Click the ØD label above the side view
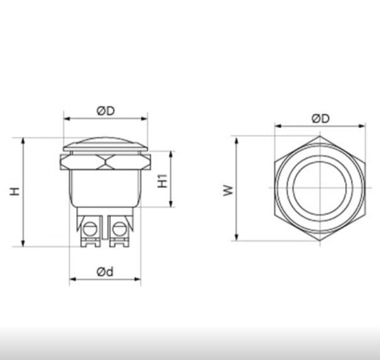(106, 111)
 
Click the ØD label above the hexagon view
(320, 119)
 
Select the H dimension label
(15, 191)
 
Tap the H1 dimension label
(163, 181)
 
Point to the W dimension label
(228, 190)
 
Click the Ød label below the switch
(105, 272)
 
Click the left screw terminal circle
(90, 229)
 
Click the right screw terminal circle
(120, 229)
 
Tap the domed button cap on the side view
(105, 144)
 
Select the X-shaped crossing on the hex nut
(105, 162)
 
